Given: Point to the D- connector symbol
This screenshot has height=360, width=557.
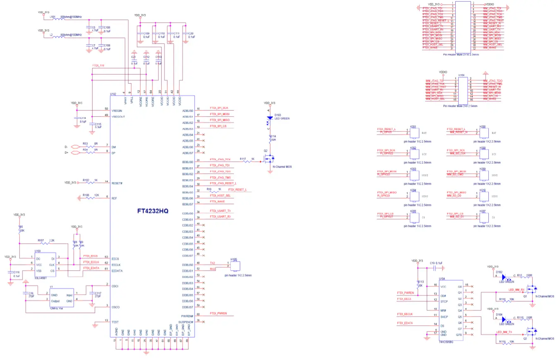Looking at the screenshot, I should [x=75, y=146].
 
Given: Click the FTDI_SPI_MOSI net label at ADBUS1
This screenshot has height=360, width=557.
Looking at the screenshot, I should [x=220, y=114].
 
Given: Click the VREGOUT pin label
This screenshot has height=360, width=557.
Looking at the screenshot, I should [x=119, y=116].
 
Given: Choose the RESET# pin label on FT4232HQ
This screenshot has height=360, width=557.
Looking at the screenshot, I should [x=117, y=182].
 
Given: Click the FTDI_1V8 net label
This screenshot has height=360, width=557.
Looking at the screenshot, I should [x=98, y=66].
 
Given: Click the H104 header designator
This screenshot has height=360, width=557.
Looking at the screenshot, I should [x=462, y=75].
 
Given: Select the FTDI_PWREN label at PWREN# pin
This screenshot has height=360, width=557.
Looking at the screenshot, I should [x=219, y=314].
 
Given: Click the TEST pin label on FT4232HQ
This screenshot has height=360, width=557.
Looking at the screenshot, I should [x=115, y=322].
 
